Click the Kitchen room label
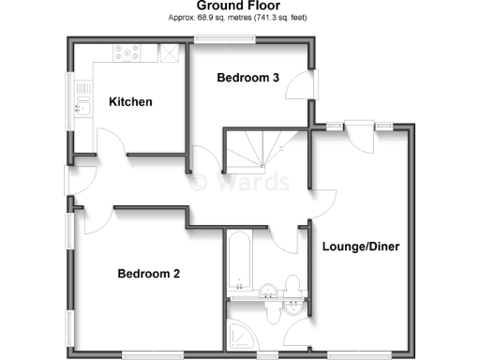129,102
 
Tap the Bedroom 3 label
248,78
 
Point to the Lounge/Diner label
361,247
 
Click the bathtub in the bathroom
238,262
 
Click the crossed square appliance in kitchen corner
170,53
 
